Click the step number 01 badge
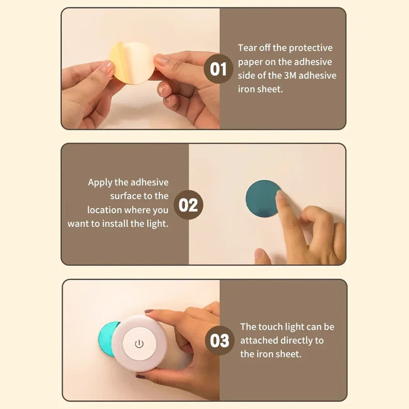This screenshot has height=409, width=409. click(x=218, y=69)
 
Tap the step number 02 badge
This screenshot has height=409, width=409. click(x=188, y=205)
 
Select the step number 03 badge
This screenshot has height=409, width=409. click(x=220, y=340)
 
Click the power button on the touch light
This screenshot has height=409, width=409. click(x=139, y=344)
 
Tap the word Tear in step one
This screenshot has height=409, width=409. click(x=248, y=48)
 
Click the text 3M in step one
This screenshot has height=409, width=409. click(x=298, y=75)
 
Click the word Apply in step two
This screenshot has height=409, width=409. click(x=101, y=183)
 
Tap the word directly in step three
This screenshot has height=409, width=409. click(x=302, y=340)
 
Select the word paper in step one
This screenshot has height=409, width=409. click(x=251, y=62)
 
